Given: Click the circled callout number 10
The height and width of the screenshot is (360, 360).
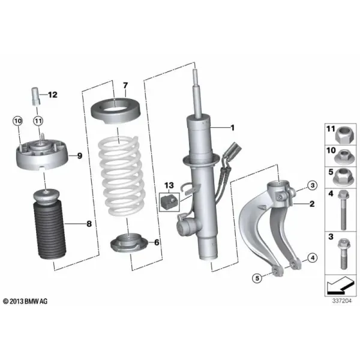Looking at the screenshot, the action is [18, 121].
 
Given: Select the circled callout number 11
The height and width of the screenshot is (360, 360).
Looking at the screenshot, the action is [38, 121].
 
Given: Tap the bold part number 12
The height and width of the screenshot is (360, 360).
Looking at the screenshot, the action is [52, 95].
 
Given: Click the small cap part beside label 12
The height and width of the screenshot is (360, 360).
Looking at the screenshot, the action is [35, 96].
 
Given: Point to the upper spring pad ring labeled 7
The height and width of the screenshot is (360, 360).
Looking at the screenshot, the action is [116, 110].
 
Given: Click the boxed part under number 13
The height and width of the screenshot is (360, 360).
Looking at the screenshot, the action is [170, 202].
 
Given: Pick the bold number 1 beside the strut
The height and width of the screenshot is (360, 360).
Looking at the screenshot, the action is [233, 128].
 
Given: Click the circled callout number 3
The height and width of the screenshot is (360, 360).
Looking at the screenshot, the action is [312, 185].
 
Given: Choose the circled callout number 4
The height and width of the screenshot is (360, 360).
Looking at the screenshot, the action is [312, 258].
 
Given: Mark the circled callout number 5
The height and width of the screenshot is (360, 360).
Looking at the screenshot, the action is [257, 278].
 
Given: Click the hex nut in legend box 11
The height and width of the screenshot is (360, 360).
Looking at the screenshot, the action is [343, 135].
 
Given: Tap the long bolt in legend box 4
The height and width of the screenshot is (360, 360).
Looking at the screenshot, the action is [343, 210].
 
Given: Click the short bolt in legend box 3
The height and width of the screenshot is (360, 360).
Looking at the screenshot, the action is [343, 254].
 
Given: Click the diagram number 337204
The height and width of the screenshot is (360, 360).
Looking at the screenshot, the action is [341, 301].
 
